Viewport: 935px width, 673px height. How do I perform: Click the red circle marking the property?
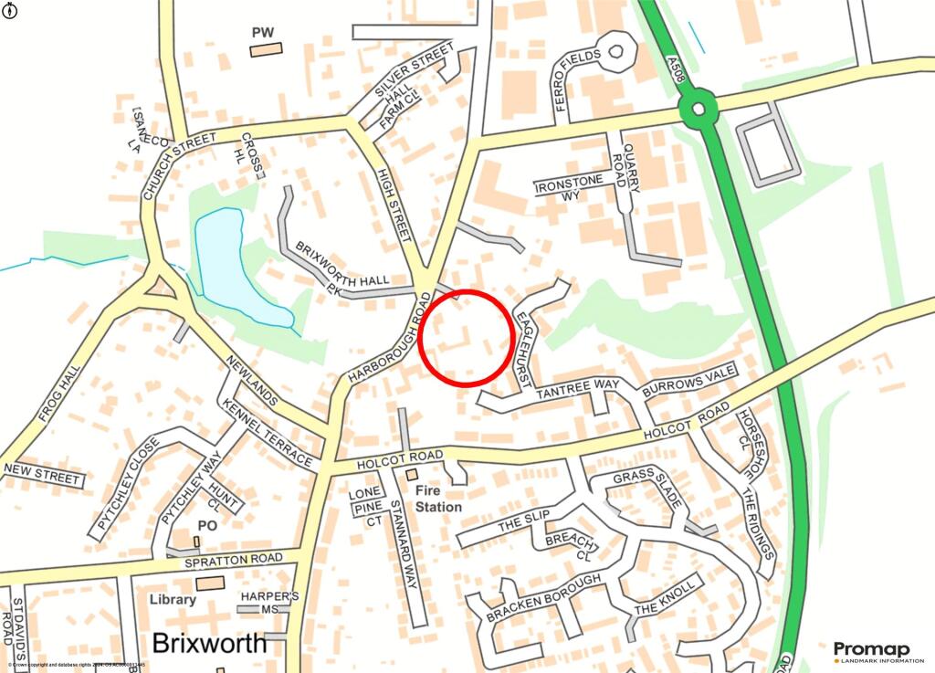tap(466, 337)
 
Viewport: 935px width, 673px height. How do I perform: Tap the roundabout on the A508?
tap(699, 109)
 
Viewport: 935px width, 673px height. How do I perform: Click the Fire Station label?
tap(438, 499)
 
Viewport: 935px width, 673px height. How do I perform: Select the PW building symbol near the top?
tap(267, 48)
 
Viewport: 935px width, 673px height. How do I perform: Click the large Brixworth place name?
tap(210, 643)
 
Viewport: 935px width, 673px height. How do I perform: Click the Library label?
tap(172, 600)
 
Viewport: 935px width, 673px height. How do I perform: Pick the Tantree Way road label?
tap(576, 389)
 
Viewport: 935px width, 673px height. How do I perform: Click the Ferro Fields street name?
tap(577, 80)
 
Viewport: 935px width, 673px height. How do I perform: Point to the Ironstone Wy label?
tap(570, 188)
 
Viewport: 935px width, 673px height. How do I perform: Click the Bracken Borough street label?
tap(543, 599)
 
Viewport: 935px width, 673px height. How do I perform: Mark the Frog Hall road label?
tap(59, 394)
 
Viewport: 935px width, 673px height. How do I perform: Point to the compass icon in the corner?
tap(10, 10)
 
